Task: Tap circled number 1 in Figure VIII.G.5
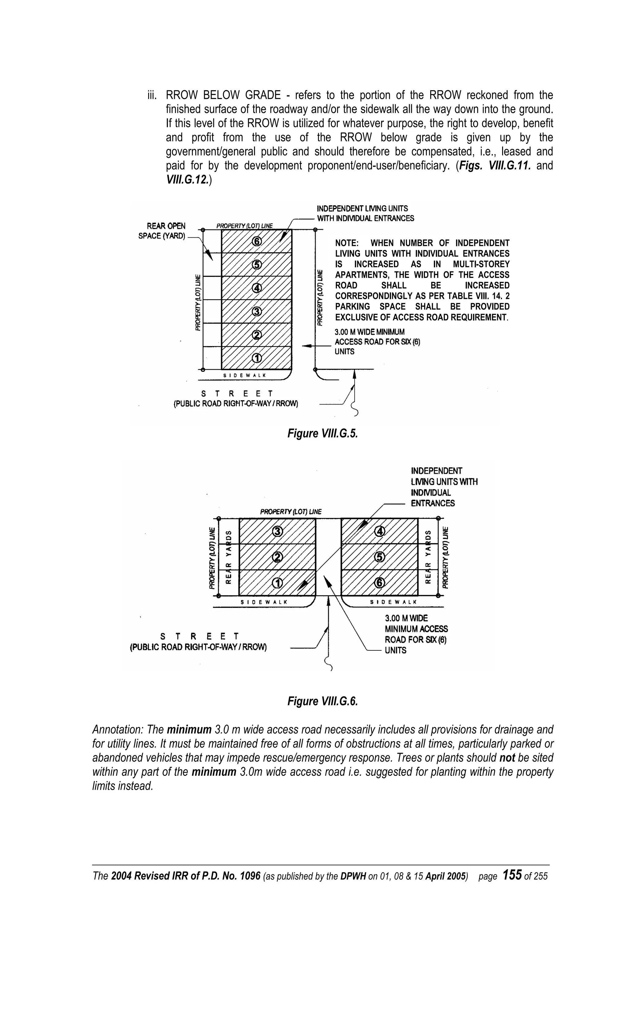pyautogui.click(x=257, y=358)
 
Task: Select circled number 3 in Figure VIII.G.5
pyautogui.click(x=257, y=311)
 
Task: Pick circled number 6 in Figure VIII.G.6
pyautogui.click(x=380, y=583)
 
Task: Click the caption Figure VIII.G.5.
pyautogui.click(x=323, y=433)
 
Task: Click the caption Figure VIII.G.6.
pyautogui.click(x=323, y=701)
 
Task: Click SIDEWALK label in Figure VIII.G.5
pyautogui.click(x=244, y=375)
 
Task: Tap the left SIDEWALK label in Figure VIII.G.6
pyautogui.click(x=264, y=602)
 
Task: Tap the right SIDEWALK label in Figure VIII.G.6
pyautogui.click(x=393, y=602)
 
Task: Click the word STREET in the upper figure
pyautogui.click(x=237, y=394)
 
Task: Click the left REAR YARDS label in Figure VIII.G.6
pyautogui.click(x=228, y=557)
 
